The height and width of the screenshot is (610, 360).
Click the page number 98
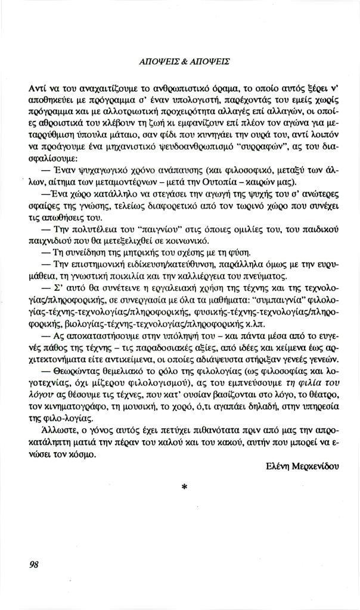(33, 565)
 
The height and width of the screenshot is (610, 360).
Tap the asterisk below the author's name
(184, 487)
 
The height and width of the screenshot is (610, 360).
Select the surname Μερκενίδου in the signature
(314, 466)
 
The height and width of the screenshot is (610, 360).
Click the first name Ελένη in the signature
(277, 466)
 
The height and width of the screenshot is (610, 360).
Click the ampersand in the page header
(184, 61)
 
